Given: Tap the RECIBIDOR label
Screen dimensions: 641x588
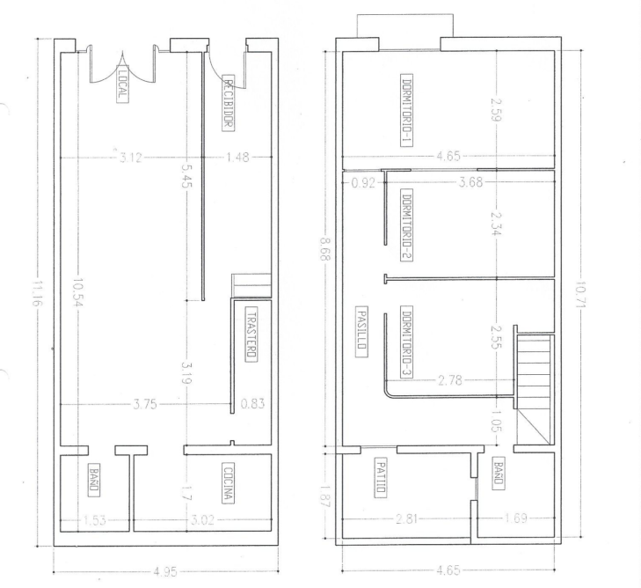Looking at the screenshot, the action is (x=229, y=103).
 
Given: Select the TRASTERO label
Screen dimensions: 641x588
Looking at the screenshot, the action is (x=251, y=334).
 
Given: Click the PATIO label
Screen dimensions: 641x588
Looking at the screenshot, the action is (x=381, y=477).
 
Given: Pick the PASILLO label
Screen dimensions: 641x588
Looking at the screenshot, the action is (x=361, y=332).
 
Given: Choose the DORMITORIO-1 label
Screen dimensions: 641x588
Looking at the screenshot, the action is (x=406, y=110).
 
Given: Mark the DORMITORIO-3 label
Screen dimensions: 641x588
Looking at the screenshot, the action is (x=407, y=342).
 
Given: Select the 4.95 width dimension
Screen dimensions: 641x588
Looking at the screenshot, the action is (x=165, y=571).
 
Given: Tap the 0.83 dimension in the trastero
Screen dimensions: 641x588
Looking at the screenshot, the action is (x=252, y=404).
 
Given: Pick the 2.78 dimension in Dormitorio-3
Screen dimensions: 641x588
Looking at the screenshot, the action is (x=449, y=380).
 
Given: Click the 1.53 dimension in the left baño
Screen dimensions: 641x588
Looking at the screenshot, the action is (x=94, y=520).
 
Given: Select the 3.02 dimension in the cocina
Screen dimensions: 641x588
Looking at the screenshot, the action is (x=202, y=520).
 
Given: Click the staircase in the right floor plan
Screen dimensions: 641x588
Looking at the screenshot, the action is (x=535, y=389).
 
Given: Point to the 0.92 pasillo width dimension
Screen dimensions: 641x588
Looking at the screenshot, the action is (x=363, y=182).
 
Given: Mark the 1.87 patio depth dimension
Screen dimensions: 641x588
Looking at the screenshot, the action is (x=326, y=496).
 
